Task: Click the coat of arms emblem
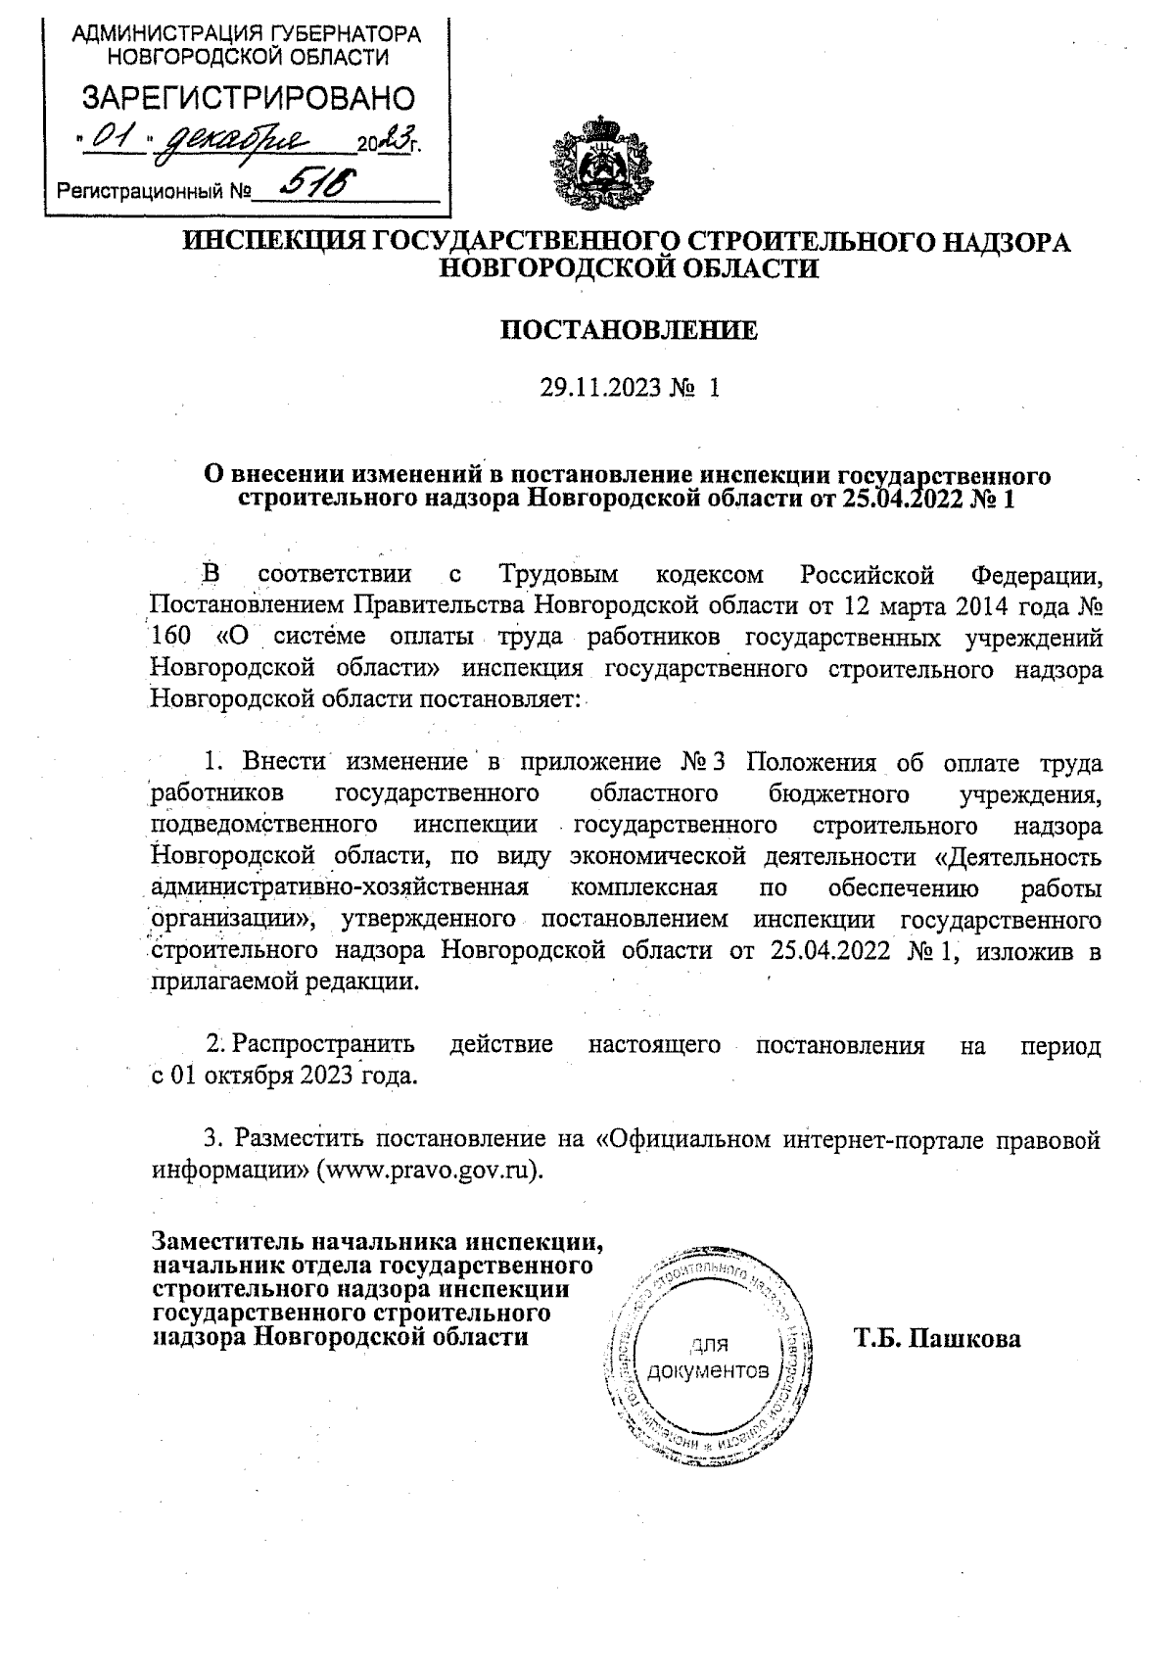click(600, 157)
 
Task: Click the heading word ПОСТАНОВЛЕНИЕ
click(630, 330)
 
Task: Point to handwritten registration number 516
click(311, 183)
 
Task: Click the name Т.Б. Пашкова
click(937, 1338)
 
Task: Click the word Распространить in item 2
click(324, 1045)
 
